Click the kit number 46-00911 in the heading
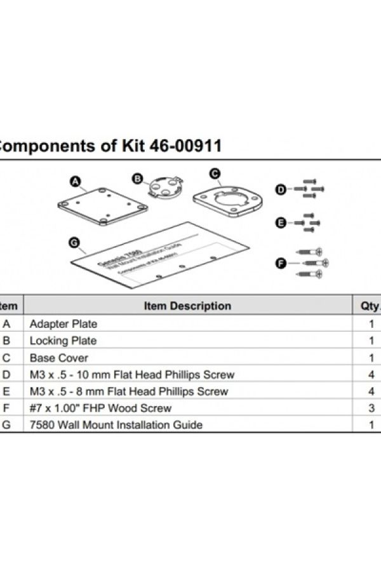pos(185,146)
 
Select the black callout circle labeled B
pos(137,179)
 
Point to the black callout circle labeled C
pos(215,174)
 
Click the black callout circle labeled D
pos(280,189)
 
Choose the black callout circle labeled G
pos(74,242)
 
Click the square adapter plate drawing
pos(104,207)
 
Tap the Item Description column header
pos(187,306)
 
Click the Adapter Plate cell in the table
pos(63,323)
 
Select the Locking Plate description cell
pos(63,341)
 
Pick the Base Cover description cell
pos(59,358)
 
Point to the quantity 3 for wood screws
pos(371,408)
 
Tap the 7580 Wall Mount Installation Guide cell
pos(116,425)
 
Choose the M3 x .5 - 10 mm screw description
pos(132,375)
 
